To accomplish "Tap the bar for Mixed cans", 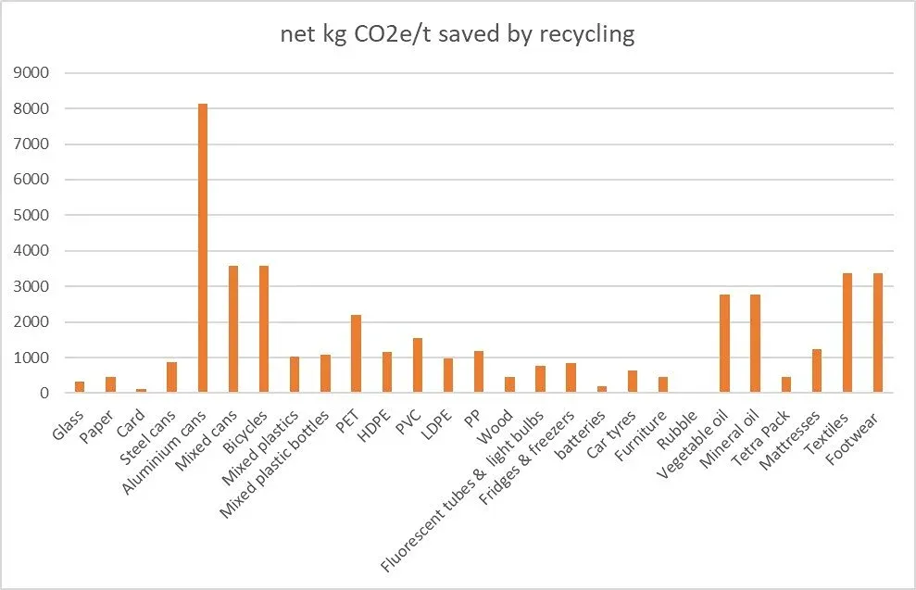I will click(233, 330).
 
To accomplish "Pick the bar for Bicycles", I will click(264, 330).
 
